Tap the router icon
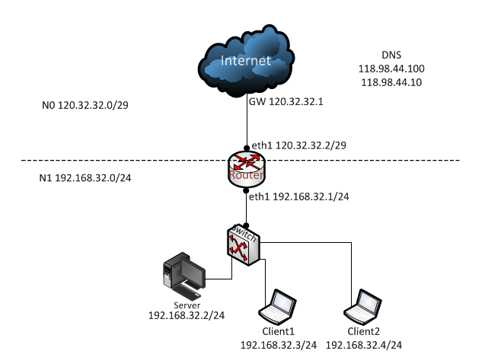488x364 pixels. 246,168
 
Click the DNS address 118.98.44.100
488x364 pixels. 391,69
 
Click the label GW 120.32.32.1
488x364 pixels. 286,101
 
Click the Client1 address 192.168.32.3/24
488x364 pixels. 278,345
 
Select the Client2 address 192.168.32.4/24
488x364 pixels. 364,345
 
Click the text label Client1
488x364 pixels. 278,333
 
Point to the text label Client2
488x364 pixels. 364,333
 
